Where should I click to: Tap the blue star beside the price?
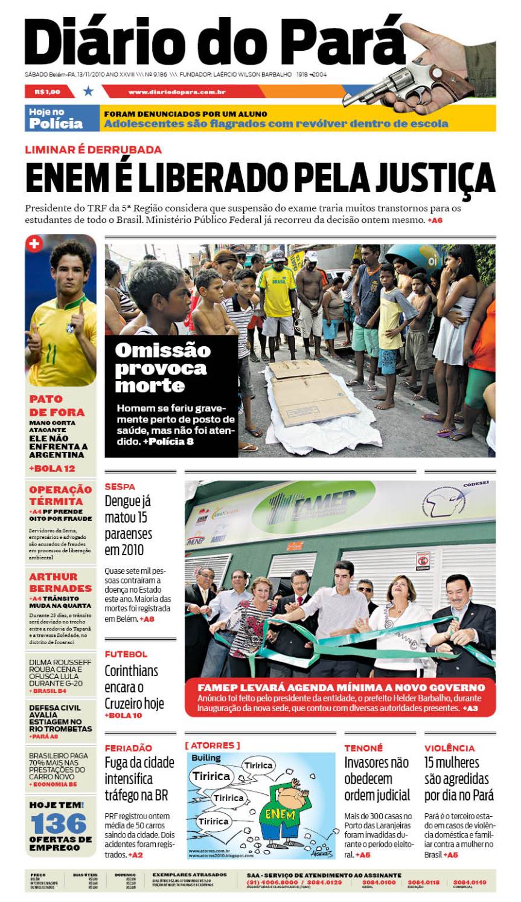[89, 91]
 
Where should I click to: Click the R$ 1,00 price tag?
[48, 92]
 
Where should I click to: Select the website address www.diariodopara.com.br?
[177, 92]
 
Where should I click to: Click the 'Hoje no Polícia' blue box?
[56, 118]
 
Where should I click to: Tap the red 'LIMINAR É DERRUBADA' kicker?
[93, 149]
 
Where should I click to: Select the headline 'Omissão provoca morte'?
[162, 367]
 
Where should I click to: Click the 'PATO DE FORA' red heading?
[57, 405]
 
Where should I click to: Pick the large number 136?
[59, 823]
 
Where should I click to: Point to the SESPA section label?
[120, 486]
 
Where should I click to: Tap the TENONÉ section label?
[363, 748]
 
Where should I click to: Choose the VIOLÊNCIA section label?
[449, 748]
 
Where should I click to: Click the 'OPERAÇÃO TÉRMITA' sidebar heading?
[60, 495]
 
